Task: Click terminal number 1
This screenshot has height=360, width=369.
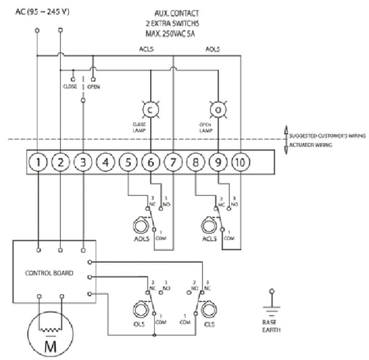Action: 38,163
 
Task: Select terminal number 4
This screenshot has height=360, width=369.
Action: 105,163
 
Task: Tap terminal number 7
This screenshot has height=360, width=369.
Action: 173,163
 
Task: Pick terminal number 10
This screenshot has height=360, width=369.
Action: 240,163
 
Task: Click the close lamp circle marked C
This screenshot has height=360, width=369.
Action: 150,109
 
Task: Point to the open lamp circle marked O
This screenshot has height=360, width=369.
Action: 217,109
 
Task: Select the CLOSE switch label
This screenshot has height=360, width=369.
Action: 69,87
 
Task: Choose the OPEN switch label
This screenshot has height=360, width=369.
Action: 93,87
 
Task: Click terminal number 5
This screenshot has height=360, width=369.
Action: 128,163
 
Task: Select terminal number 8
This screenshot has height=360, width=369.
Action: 195,163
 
